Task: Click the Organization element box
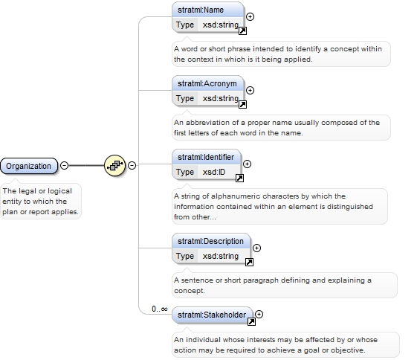pyautogui.click(x=29, y=166)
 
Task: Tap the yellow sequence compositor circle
pyautogui.click(x=114, y=166)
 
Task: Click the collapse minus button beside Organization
pyautogui.click(x=64, y=166)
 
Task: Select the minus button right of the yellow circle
pyautogui.click(x=132, y=166)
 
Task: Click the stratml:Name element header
pyautogui.click(x=208, y=10)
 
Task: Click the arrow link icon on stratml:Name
pyautogui.click(x=242, y=30)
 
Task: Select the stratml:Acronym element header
pyautogui.click(x=208, y=83)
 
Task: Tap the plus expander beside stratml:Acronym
pyautogui.click(x=250, y=91)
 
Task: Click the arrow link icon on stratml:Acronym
pyautogui.click(x=242, y=105)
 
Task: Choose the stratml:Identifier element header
pyautogui.click(x=207, y=157)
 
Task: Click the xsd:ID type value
pyautogui.click(x=214, y=172)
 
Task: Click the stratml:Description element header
pyautogui.click(x=211, y=241)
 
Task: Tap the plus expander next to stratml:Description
pyautogui.click(x=256, y=248)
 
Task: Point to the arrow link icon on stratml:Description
pyautogui.click(x=249, y=263)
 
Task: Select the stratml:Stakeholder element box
pyautogui.click(x=213, y=315)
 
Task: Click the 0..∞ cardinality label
pyautogui.click(x=160, y=309)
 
